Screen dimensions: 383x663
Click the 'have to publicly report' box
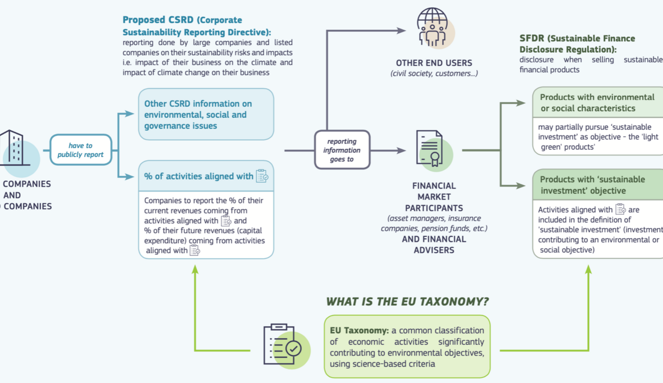[81, 150]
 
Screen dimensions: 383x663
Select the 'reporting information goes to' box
[342, 150]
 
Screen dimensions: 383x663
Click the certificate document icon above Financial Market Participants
[430, 149]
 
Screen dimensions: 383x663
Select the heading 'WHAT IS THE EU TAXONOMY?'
[407, 302]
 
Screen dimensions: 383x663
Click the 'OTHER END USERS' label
[434, 63]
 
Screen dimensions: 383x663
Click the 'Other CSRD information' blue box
[206, 115]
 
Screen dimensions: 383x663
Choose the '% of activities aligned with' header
[199, 176]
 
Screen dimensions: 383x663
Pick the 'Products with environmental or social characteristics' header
[597, 103]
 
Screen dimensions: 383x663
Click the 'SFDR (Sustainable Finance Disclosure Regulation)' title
[577, 44]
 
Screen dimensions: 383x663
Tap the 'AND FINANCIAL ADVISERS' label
[434, 244]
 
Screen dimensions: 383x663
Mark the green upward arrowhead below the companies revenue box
[195, 269]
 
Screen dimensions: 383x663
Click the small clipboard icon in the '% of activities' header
[262, 176]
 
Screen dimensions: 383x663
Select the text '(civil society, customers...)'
[434, 74]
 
